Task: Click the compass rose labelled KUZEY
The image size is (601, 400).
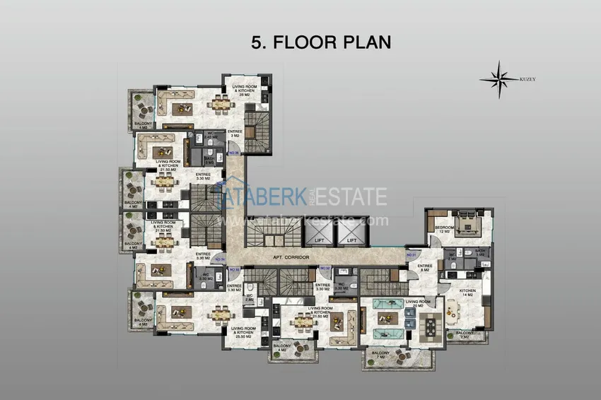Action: (500, 79)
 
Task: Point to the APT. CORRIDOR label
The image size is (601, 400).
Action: (292, 257)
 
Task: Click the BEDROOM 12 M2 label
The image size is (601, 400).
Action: (445, 228)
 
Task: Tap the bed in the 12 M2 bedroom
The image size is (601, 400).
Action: (467, 225)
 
